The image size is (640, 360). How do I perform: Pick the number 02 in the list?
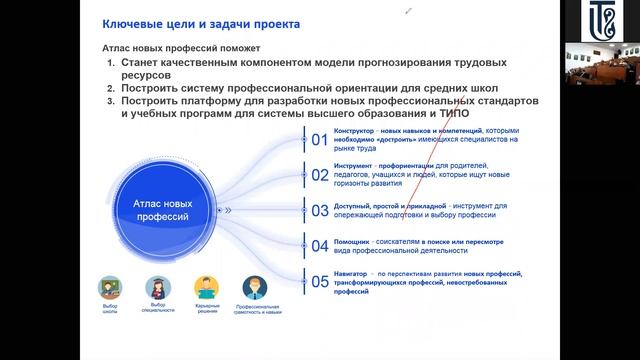pos(320,175)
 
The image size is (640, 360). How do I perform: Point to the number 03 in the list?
pos(320,211)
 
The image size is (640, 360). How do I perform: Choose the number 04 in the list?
pos(320,245)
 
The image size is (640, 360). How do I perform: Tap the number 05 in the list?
pos(320,281)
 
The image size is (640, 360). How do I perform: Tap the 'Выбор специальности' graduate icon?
pos(158,288)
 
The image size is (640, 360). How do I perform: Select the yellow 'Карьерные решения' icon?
pos(207,288)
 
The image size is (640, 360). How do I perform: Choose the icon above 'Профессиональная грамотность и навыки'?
pos(255,288)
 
